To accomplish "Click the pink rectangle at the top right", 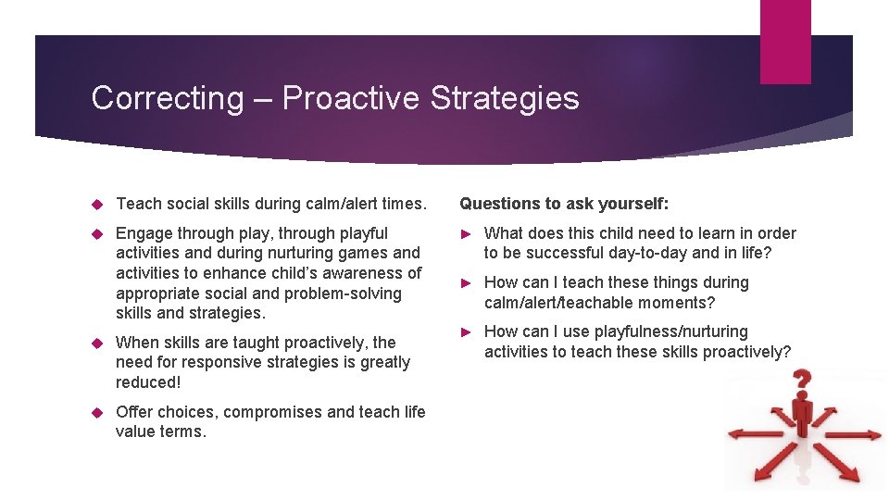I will tap(784, 42).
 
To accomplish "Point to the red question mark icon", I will tap(802, 381).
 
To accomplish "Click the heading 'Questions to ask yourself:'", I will tap(564, 203).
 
